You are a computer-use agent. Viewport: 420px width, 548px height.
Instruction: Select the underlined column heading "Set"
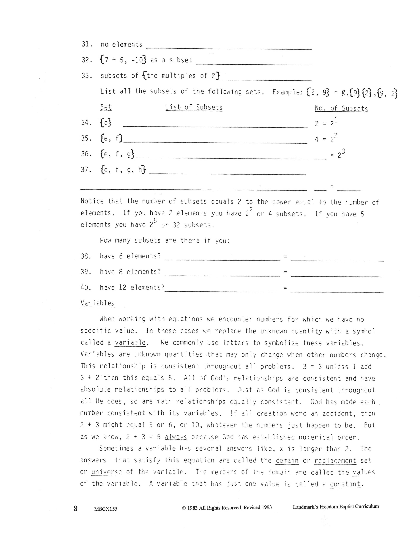(106, 107)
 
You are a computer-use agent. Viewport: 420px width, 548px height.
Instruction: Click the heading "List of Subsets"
(194, 107)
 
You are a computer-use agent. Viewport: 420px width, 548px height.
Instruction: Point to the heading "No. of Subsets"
(341, 108)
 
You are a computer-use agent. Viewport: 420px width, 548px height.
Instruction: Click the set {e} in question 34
(106, 123)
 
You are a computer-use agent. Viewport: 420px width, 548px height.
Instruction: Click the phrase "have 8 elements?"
(130, 272)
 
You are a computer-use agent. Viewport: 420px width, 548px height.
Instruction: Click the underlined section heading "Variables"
(97, 303)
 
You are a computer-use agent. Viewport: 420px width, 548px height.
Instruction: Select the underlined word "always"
(176, 437)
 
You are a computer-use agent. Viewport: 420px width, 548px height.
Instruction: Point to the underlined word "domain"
(287, 461)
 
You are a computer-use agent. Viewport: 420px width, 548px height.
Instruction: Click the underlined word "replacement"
(335, 461)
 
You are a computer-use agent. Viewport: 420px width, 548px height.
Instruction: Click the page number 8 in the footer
(76, 508)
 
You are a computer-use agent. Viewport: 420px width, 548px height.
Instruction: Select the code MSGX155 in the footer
(106, 509)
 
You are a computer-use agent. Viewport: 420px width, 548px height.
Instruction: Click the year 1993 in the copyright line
(265, 507)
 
